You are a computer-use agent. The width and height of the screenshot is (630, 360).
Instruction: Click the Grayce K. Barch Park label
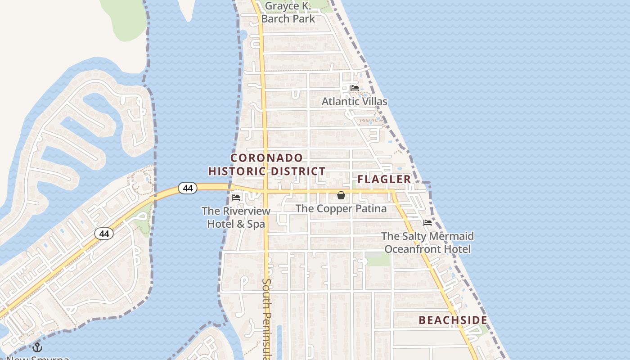(288, 13)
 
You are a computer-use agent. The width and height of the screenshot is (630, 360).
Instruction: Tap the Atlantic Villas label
(354, 102)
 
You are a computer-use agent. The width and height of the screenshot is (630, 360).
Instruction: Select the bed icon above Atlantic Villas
(355, 88)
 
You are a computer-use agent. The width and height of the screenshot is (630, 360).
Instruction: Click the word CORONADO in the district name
(267, 158)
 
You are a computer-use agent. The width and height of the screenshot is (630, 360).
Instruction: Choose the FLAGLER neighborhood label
(384, 180)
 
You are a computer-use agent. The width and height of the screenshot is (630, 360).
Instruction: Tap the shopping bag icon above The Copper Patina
(341, 196)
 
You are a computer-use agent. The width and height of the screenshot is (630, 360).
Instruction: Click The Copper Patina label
(341, 209)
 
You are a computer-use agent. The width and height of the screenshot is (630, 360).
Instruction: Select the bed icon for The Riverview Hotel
(236, 198)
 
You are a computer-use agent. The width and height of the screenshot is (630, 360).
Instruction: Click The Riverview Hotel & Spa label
(236, 217)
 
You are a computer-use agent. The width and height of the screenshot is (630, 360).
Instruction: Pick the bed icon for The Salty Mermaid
(427, 223)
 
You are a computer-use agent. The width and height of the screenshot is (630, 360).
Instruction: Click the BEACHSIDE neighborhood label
(453, 320)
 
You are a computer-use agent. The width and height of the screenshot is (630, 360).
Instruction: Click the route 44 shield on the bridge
(188, 188)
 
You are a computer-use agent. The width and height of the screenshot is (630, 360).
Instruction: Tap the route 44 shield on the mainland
(104, 234)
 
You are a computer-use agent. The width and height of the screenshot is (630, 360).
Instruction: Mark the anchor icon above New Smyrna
(37, 347)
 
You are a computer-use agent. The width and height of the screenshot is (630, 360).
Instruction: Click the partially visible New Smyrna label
(39, 358)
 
